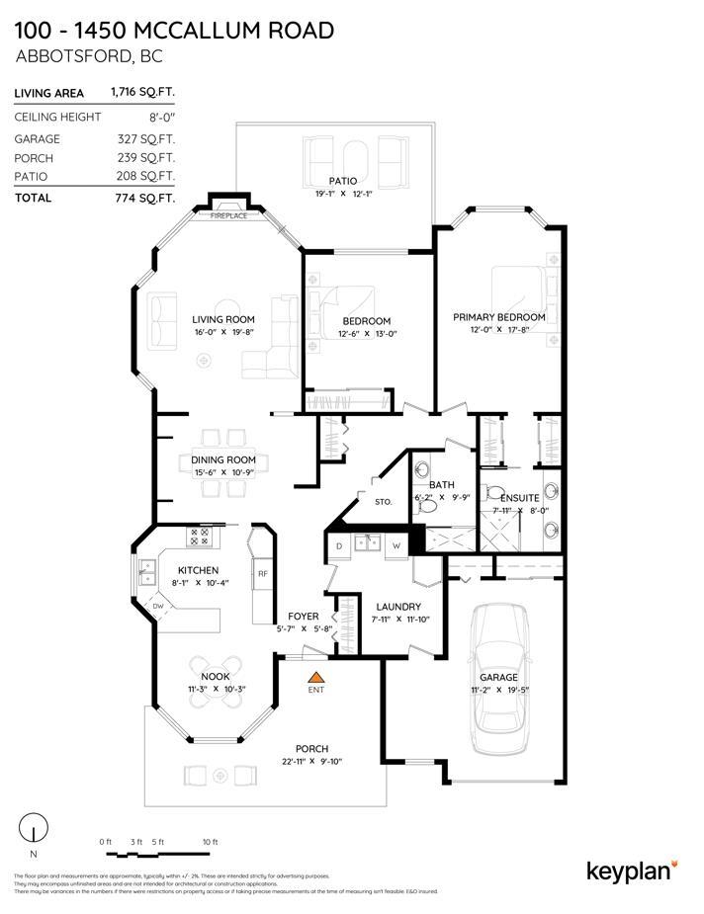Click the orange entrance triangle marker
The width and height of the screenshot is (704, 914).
click(316, 677)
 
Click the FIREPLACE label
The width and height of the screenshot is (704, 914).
click(228, 214)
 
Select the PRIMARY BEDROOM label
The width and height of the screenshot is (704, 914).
click(498, 317)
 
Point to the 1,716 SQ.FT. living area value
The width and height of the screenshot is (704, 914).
click(143, 93)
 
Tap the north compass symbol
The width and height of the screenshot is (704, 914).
click(35, 828)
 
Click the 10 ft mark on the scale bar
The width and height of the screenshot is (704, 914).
click(209, 841)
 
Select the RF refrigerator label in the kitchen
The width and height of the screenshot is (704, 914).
click(263, 574)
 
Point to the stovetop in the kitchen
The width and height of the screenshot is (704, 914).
click(199, 537)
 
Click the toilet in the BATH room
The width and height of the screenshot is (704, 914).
click(426, 505)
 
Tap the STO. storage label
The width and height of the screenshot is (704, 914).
click(383, 502)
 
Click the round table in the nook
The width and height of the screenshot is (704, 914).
click(216, 694)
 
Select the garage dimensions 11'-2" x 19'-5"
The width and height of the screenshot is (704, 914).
click(498, 690)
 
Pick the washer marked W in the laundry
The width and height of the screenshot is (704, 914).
click(396, 544)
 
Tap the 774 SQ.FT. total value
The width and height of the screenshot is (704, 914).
click(143, 198)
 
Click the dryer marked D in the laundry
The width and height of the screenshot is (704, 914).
click(339, 544)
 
